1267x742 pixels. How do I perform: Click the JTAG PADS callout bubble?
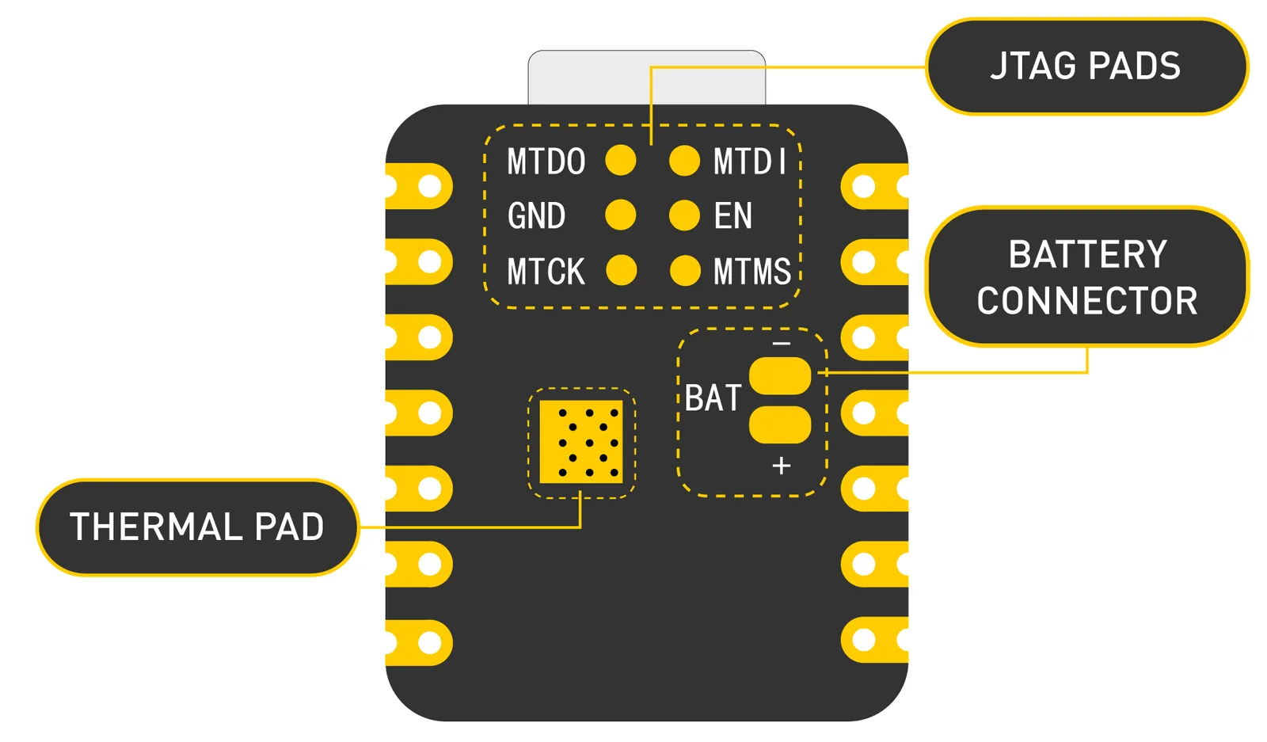[x=1086, y=67]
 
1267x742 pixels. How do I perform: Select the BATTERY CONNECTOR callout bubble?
[x=1086, y=277]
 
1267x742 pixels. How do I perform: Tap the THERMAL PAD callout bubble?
[x=197, y=527]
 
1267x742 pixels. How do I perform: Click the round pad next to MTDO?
[x=621, y=160]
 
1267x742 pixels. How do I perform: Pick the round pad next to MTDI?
[x=684, y=160]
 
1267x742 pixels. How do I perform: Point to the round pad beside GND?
[x=621, y=215]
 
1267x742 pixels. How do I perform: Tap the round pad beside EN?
[x=684, y=215]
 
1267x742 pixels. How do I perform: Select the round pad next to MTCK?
[x=622, y=270]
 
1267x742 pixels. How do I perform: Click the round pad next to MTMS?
[x=685, y=270]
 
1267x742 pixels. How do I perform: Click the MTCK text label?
[x=546, y=272]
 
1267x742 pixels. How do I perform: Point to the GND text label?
[x=536, y=216]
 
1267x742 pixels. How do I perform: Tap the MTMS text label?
[x=751, y=272]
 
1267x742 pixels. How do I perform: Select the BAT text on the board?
[x=713, y=398]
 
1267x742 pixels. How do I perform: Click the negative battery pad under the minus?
[x=780, y=375]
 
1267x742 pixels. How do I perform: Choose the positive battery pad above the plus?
[x=780, y=424]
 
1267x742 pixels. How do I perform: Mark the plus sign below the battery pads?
[x=781, y=466]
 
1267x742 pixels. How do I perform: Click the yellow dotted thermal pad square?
[x=581, y=442]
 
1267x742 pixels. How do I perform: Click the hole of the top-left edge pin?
[x=430, y=187]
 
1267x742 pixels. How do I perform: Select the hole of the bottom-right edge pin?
[x=864, y=640]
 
